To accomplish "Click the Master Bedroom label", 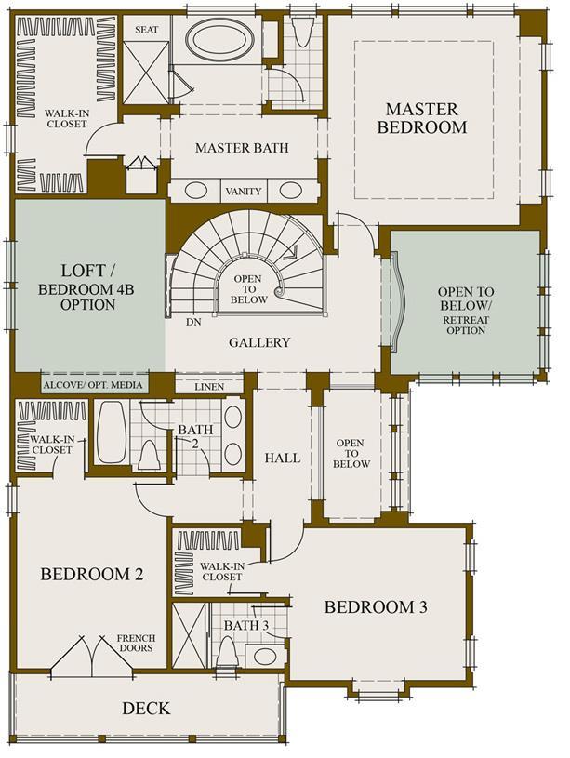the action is click(422, 118).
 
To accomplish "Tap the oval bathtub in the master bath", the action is click(220, 41).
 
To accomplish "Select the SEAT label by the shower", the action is click(147, 30).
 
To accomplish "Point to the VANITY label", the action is click(244, 192).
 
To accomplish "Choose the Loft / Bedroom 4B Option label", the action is click(87, 286).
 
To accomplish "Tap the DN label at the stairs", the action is click(193, 322).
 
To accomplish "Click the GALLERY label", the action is click(259, 342).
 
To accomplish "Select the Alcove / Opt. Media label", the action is click(93, 385).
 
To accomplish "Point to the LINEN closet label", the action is click(209, 387).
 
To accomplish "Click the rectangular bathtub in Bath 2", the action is click(112, 432).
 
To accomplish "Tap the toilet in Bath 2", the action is click(149, 456).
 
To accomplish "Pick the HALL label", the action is click(283, 458).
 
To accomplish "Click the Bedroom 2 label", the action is click(92, 574).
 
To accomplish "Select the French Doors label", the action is click(136, 643).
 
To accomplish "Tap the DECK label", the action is click(146, 708).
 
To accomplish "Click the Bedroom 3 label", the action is click(376, 606).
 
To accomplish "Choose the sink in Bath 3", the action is click(265, 657).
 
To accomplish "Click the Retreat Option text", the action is click(466, 326).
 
